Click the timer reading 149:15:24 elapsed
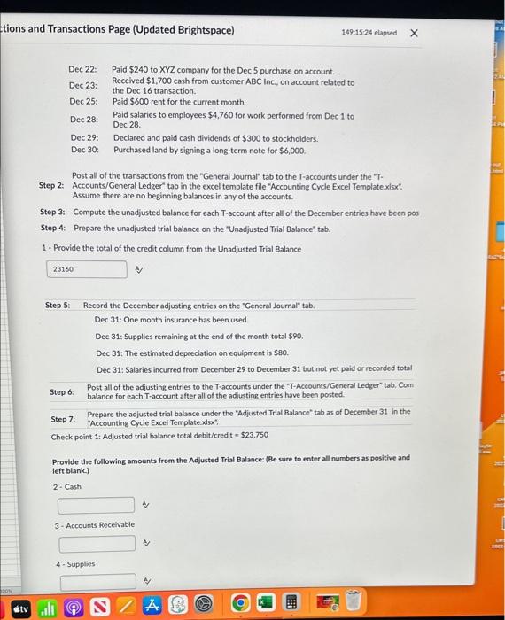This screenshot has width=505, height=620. click(367, 33)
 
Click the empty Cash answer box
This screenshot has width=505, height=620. click(97, 505)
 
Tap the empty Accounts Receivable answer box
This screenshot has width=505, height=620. click(98, 543)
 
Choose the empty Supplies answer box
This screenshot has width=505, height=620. click(98, 582)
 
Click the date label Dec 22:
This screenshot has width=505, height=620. click(83, 69)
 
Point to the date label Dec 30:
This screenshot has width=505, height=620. click(84, 150)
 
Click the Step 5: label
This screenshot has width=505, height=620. click(59, 306)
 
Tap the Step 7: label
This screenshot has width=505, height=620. click(63, 419)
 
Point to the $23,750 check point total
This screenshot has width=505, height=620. click(254, 435)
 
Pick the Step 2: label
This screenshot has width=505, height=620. click(51, 185)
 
